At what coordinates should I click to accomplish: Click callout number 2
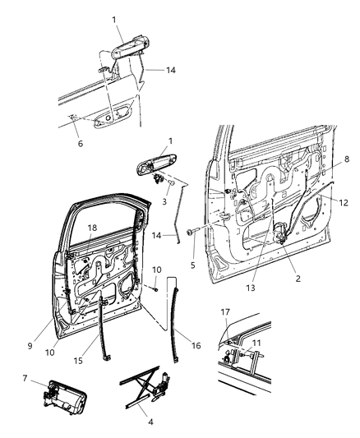click(x=298, y=279)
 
